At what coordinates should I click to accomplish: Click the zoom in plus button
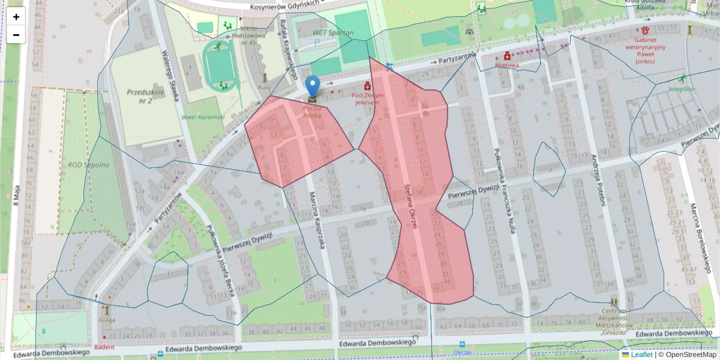point(16,17)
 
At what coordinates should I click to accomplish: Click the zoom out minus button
point(16,35)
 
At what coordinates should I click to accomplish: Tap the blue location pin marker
point(312,88)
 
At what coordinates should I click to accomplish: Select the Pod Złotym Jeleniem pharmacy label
point(367,98)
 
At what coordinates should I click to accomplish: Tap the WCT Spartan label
point(333,32)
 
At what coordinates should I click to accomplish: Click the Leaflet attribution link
point(641,355)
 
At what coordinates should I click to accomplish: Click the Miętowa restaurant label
point(507,64)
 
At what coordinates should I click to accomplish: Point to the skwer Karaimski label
point(202,116)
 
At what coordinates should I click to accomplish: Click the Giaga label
point(108,320)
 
